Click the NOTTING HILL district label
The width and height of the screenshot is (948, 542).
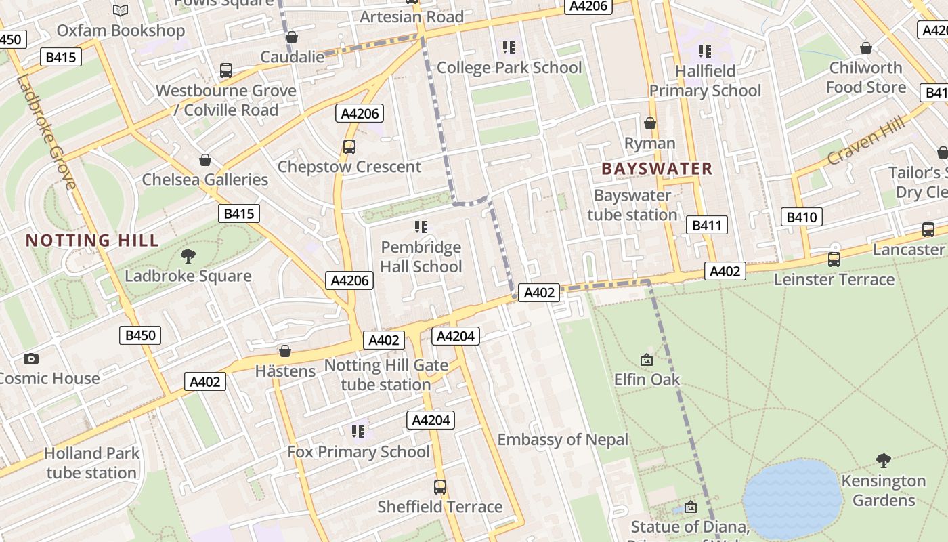[92, 241]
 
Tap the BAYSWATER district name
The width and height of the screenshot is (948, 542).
[657, 169]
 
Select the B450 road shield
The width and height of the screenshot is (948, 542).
[140, 335]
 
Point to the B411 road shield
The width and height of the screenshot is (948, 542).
[707, 226]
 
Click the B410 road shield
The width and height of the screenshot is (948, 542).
[802, 217]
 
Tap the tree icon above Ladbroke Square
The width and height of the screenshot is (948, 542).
[188, 256]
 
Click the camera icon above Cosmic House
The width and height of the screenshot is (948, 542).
[30, 358]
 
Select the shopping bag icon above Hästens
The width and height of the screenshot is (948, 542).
[285, 351]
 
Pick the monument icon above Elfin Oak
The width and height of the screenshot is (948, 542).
[647, 360]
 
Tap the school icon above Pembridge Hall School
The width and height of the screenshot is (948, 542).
[421, 227]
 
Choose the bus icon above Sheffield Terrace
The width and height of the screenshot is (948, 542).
[439, 486]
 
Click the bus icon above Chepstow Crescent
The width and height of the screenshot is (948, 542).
[349, 146]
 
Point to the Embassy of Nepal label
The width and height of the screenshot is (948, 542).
[563, 440]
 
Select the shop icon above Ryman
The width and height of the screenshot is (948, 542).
[649, 123]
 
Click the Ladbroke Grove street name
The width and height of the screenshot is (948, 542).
[46, 132]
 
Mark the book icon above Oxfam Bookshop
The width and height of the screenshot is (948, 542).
[121, 11]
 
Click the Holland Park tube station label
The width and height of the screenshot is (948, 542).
[91, 463]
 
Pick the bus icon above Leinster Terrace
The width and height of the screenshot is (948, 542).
[834, 259]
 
